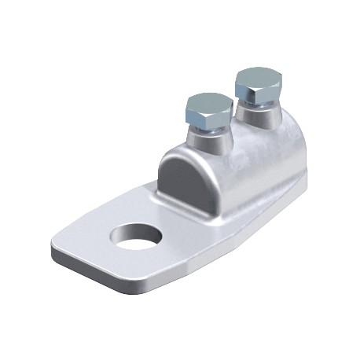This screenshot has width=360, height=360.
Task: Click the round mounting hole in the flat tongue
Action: point(130,235)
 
